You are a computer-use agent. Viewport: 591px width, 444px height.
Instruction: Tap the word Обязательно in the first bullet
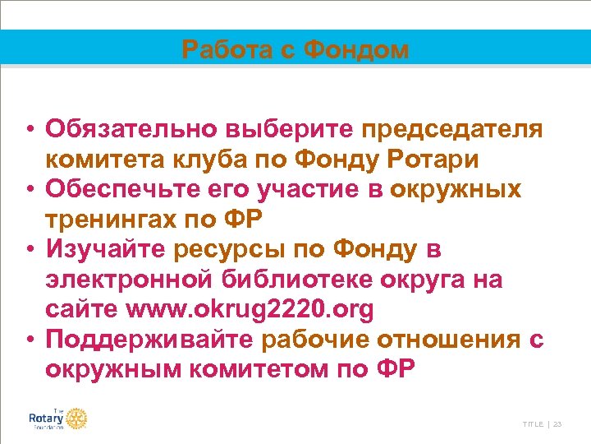[128, 129]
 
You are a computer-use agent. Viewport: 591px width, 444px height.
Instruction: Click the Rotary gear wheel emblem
[76, 419]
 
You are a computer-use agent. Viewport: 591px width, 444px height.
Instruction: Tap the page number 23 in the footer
[558, 423]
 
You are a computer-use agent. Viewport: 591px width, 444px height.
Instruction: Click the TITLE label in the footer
[532, 423]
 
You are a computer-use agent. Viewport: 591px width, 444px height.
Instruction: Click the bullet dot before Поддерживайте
[30, 340]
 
